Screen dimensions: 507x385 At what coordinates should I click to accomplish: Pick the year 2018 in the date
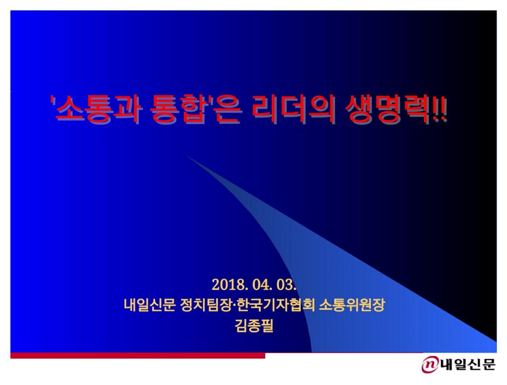coord(229,284)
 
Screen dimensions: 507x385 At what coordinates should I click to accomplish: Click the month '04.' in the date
coord(261,284)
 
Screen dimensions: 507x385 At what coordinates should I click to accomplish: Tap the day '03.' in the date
coord(286,284)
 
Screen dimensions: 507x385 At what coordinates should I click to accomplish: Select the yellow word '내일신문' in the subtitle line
coord(149,305)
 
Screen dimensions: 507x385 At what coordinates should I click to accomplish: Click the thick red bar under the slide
coord(138,355)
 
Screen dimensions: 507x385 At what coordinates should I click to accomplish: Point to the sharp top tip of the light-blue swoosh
coord(187,156)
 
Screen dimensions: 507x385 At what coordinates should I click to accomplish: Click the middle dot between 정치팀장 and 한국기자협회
coord(234,305)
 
